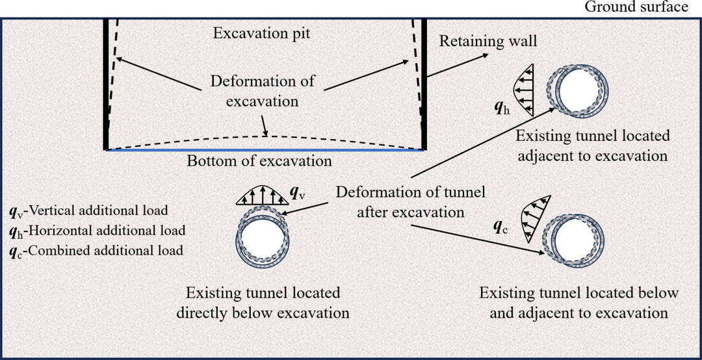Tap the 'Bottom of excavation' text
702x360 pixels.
coord(259,161)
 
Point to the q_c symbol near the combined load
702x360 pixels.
coord(502,228)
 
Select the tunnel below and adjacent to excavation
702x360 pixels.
coord(577,237)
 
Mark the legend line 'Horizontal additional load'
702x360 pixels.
coord(97,230)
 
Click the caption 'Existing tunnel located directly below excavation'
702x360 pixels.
coord(263,303)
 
